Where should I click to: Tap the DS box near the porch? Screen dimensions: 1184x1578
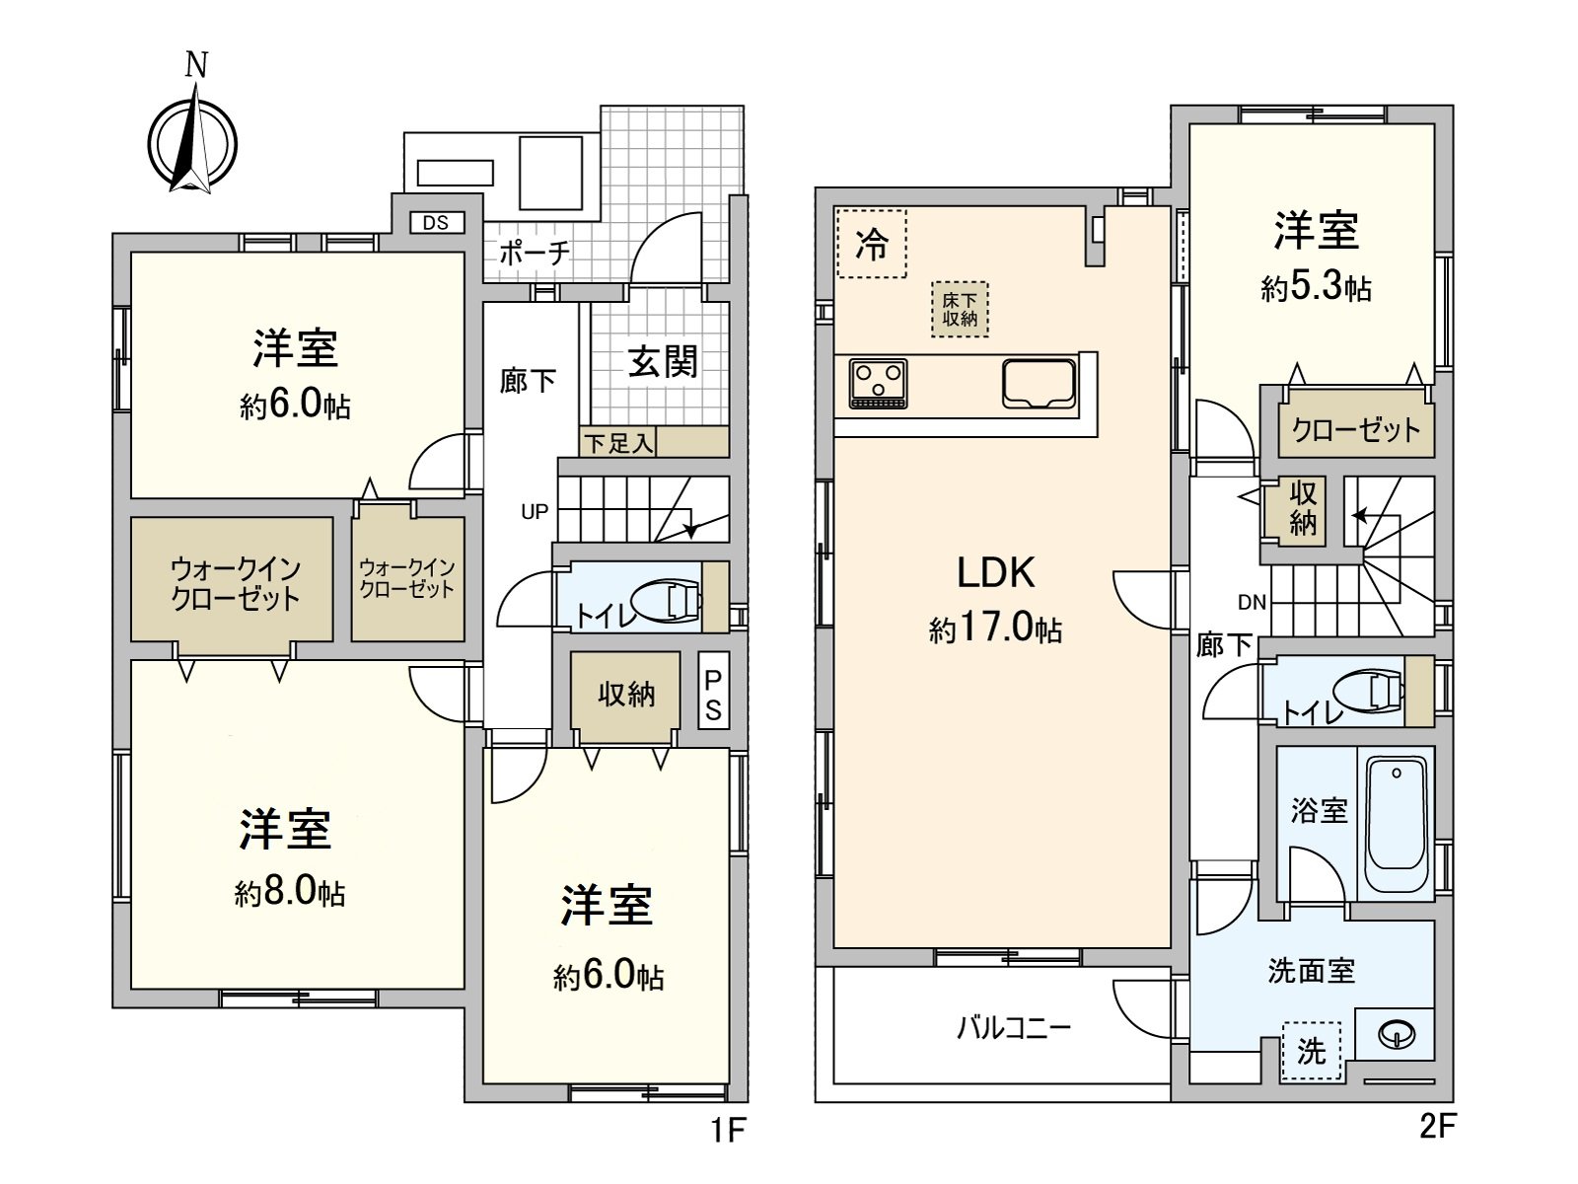click(x=436, y=223)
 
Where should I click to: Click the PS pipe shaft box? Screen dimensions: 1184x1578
click(x=713, y=695)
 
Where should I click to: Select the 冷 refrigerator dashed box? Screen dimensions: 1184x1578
click(x=871, y=244)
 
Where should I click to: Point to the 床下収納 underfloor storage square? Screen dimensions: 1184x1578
click(x=959, y=310)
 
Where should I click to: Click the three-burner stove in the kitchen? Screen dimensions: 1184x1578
click(x=878, y=384)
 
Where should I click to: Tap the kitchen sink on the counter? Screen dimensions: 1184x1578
click(x=1039, y=383)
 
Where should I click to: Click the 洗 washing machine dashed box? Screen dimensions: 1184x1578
click(x=1311, y=1051)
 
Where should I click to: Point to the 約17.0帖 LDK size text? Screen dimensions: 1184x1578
click(x=995, y=629)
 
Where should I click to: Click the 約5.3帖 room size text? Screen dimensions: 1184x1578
click(x=1316, y=288)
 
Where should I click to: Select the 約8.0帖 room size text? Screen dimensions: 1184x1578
click(x=290, y=893)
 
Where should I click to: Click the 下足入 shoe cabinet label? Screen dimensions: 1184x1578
click(x=617, y=444)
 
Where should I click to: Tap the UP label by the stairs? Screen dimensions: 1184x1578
click(x=535, y=512)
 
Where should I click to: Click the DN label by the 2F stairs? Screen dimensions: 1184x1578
click(x=1252, y=602)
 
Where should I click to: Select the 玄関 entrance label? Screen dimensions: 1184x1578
click(x=663, y=362)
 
